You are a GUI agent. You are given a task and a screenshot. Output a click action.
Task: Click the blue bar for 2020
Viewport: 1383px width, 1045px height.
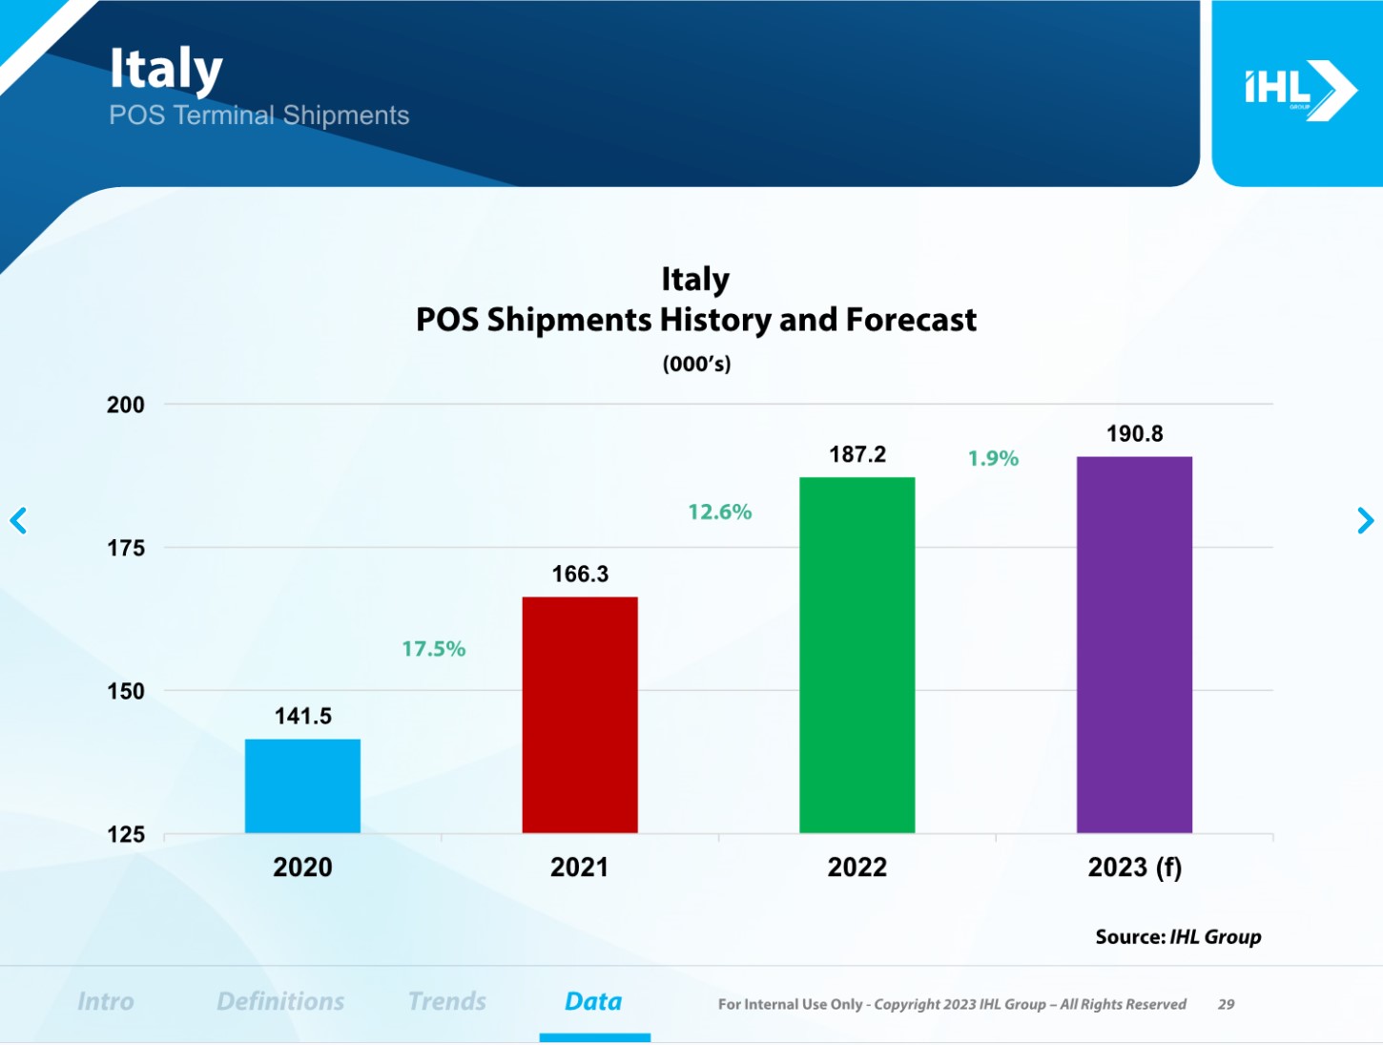tap(302, 786)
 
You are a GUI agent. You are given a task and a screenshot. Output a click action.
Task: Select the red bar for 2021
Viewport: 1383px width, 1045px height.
tap(580, 715)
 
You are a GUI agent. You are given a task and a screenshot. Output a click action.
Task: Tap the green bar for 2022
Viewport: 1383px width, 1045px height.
tap(857, 655)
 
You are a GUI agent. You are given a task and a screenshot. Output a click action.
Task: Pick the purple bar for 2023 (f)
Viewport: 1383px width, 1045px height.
tap(1134, 645)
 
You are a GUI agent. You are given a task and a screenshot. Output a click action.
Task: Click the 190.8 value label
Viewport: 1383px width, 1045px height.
tap(1134, 434)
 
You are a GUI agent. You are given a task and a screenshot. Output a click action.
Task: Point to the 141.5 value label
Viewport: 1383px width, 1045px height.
tap(303, 717)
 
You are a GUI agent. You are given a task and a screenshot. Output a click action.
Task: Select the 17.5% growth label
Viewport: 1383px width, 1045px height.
tap(434, 649)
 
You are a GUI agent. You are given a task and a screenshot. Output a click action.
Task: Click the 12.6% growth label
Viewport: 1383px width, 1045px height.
tap(720, 512)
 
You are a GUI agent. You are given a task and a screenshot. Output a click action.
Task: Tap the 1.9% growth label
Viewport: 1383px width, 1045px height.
tap(993, 459)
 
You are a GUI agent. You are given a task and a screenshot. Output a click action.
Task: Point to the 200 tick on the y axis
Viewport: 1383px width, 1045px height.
tap(126, 405)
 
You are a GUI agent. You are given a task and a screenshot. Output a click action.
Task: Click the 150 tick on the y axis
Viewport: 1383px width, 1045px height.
tap(126, 691)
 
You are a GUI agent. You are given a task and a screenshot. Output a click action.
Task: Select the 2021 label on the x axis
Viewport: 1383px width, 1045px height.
tap(579, 867)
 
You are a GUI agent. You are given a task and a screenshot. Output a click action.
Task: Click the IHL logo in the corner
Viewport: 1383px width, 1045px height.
tap(1298, 91)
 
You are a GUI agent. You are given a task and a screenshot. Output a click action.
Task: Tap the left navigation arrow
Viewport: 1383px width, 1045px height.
tap(18, 521)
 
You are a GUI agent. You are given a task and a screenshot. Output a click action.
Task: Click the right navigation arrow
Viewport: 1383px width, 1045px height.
tap(1365, 521)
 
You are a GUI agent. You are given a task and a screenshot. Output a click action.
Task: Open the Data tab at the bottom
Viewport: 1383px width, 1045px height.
tap(593, 1002)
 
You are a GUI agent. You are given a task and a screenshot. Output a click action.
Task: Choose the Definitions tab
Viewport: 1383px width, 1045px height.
tap(280, 1002)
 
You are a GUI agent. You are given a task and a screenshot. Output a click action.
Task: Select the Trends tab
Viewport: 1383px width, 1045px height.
tap(447, 1002)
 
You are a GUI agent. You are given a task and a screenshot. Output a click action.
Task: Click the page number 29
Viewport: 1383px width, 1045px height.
tap(1227, 1005)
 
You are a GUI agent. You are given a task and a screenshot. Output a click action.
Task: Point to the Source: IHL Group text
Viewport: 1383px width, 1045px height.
tap(1178, 937)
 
